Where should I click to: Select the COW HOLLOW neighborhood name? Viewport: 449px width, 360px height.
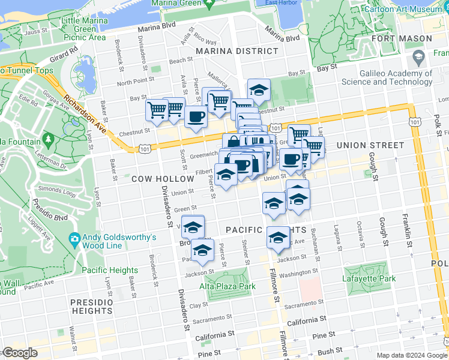pyautogui.click(x=155, y=179)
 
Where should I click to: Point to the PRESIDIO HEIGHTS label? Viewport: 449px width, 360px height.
pyautogui.click(x=91, y=307)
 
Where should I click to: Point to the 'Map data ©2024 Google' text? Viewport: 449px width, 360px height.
pyautogui.click(x=411, y=355)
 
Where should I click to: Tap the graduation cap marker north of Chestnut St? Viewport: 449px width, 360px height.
pyautogui.click(x=259, y=91)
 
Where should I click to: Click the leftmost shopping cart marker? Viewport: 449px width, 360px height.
pyautogui.click(x=157, y=110)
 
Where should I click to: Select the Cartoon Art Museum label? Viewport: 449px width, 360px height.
pyautogui.click(x=412, y=10)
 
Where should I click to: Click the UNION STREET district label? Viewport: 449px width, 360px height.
pyautogui.click(x=370, y=145)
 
